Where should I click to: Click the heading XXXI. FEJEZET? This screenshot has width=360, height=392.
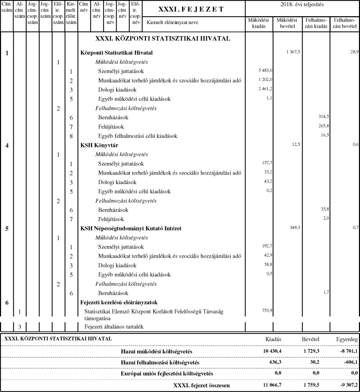pyautogui.click(x=190, y=9)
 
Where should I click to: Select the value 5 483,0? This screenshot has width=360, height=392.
pyautogui.click(x=265, y=71)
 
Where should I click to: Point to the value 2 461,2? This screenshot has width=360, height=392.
pyautogui.click(x=265, y=89)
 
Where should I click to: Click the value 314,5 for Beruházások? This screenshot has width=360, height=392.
pyautogui.click(x=323, y=117)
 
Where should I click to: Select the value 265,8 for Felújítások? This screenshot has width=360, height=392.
pyautogui.click(x=323, y=126)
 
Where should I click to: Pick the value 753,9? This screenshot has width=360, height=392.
pyautogui.click(x=267, y=310)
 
